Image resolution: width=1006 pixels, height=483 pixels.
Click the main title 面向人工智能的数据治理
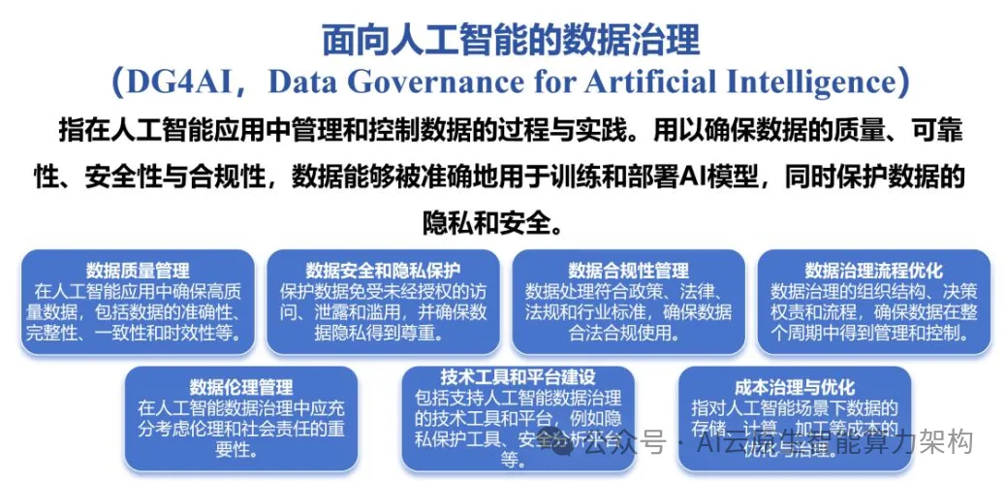(x=511, y=40)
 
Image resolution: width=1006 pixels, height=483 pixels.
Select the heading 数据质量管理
(x=138, y=271)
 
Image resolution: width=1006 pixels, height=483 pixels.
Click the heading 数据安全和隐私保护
(x=383, y=271)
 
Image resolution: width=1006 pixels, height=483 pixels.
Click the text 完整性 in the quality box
(x=61, y=334)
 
